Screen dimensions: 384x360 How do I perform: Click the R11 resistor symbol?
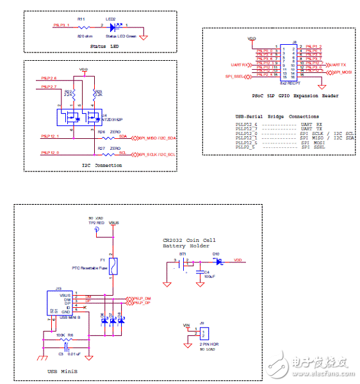tap(82, 26)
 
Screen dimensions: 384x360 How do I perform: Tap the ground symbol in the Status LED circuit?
tap(143, 37)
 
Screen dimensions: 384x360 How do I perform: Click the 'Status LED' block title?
tap(104, 47)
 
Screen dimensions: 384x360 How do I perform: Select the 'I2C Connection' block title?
tap(103, 165)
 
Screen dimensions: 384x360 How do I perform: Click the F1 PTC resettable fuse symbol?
tap(113, 266)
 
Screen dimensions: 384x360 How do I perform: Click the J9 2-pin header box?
tap(204, 334)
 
